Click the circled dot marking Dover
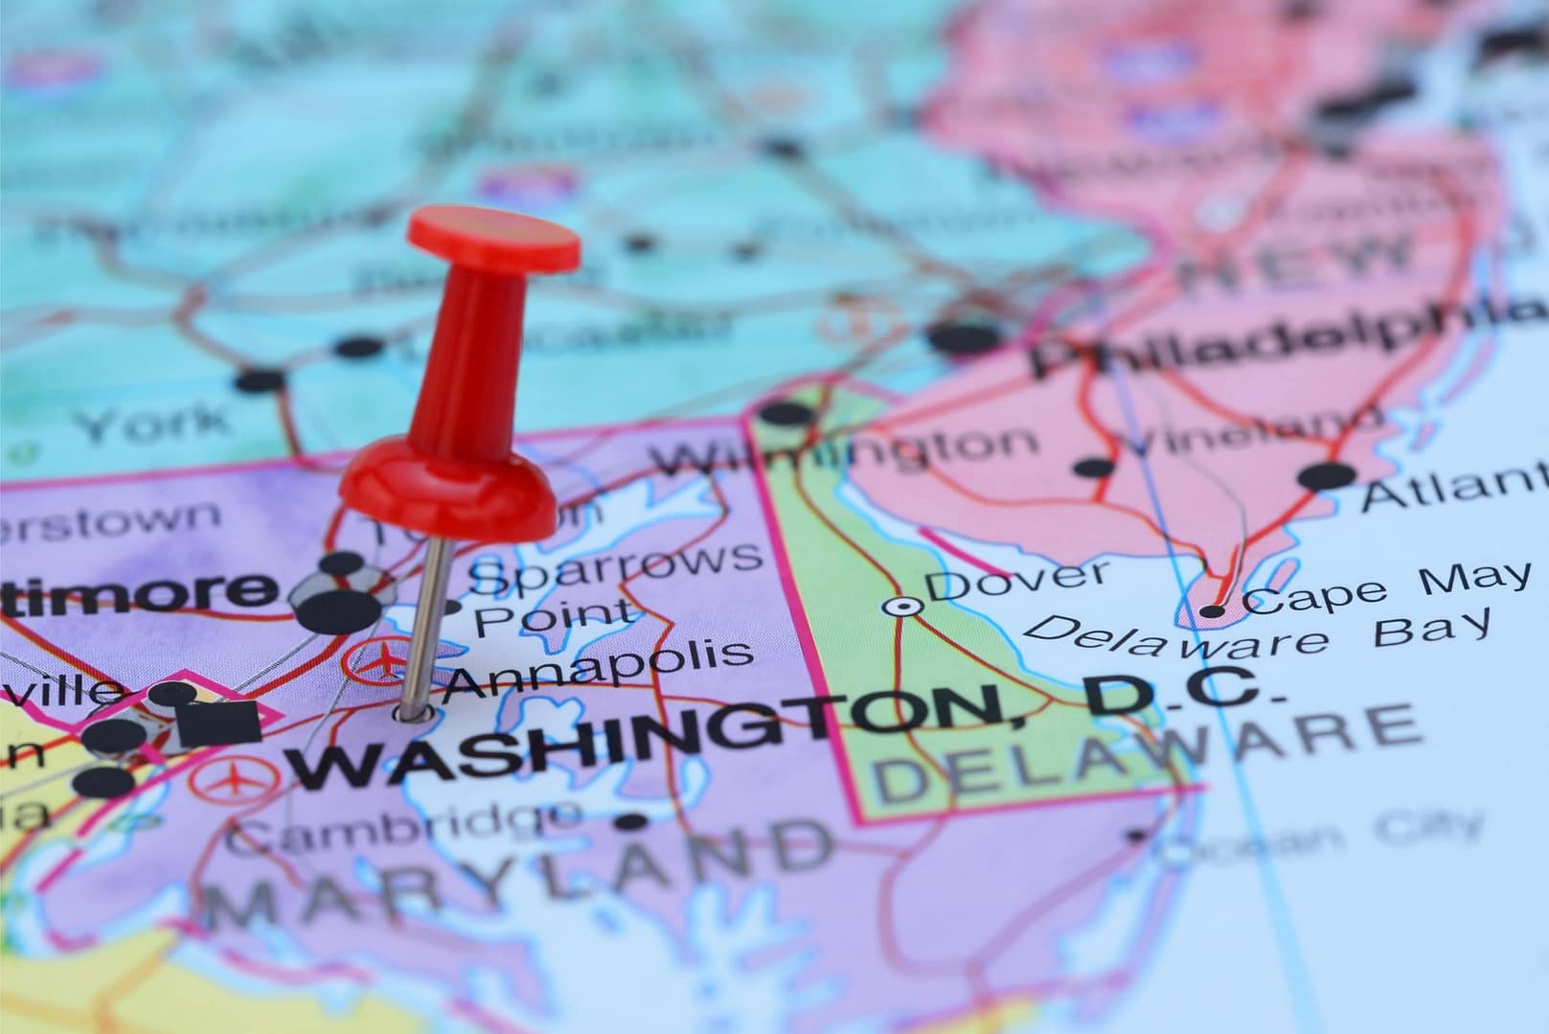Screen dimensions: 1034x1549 [x=901, y=606]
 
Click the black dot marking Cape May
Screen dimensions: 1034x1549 [x=1214, y=610]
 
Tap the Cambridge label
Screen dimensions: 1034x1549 [x=402, y=826]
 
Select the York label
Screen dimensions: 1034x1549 [x=153, y=423]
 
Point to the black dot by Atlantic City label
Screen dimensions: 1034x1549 [x=1327, y=473]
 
